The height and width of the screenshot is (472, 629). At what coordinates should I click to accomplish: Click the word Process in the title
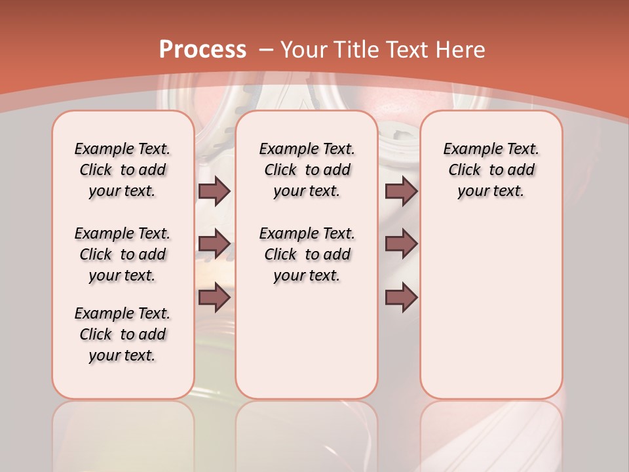coord(202,50)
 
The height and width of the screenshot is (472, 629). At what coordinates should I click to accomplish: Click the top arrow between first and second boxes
coord(214,191)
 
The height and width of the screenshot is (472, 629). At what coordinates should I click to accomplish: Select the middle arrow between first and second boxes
coord(214,244)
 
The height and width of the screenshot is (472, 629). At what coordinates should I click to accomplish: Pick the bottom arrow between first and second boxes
coord(214,297)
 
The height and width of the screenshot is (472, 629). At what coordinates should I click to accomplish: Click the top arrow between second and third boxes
coord(401,191)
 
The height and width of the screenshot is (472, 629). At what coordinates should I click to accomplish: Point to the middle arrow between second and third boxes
coord(401,244)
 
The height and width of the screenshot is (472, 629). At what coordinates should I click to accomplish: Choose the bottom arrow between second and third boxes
coord(401,297)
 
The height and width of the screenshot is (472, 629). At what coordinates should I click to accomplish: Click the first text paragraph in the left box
coord(123,170)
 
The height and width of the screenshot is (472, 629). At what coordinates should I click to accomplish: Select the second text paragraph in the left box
coord(123,254)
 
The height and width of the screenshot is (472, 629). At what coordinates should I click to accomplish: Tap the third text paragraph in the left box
coord(123,334)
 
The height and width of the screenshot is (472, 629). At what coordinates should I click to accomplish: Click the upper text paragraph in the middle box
coord(307,170)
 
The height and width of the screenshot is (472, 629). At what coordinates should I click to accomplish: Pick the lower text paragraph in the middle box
coord(307,254)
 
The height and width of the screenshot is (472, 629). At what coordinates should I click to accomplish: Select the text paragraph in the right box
coord(491,170)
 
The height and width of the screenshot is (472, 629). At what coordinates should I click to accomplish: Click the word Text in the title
coord(410,50)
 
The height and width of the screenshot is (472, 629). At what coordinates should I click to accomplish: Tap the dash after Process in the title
coord(267,50)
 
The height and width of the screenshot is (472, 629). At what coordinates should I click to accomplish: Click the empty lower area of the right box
coord(491,315)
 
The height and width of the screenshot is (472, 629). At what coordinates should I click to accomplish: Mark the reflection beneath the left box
coord(123,433)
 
